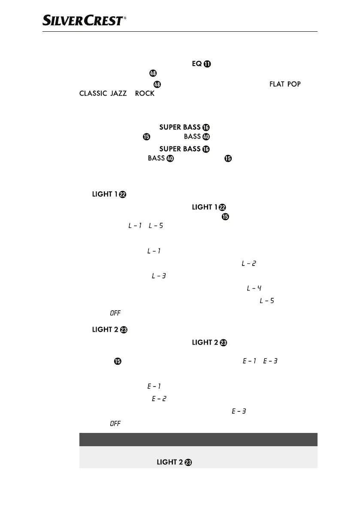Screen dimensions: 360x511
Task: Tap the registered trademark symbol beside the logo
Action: point(125,18)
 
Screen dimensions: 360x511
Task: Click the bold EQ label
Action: point(197,64)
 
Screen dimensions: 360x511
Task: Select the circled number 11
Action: point(207,64)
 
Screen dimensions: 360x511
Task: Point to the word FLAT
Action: point(277,84)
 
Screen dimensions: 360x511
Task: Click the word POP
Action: point(294,84)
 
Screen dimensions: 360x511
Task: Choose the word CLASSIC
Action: point(91,94)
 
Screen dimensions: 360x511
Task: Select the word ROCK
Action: point(145,94)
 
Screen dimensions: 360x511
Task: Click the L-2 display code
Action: point(249,263)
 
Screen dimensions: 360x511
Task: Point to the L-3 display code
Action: point(159,276)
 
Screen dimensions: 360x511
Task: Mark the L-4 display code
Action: point(254,288)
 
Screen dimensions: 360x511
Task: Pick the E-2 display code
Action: point(159,399)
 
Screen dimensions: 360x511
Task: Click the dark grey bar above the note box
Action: point(198,440)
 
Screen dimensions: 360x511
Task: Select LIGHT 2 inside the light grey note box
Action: point(169,462)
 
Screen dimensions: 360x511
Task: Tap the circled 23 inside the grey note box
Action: point(188,463)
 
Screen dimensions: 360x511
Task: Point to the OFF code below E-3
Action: point(115,423)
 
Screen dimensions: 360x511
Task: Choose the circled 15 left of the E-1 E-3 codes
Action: point(117,362)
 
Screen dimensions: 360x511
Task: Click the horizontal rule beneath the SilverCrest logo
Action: point(180,31)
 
